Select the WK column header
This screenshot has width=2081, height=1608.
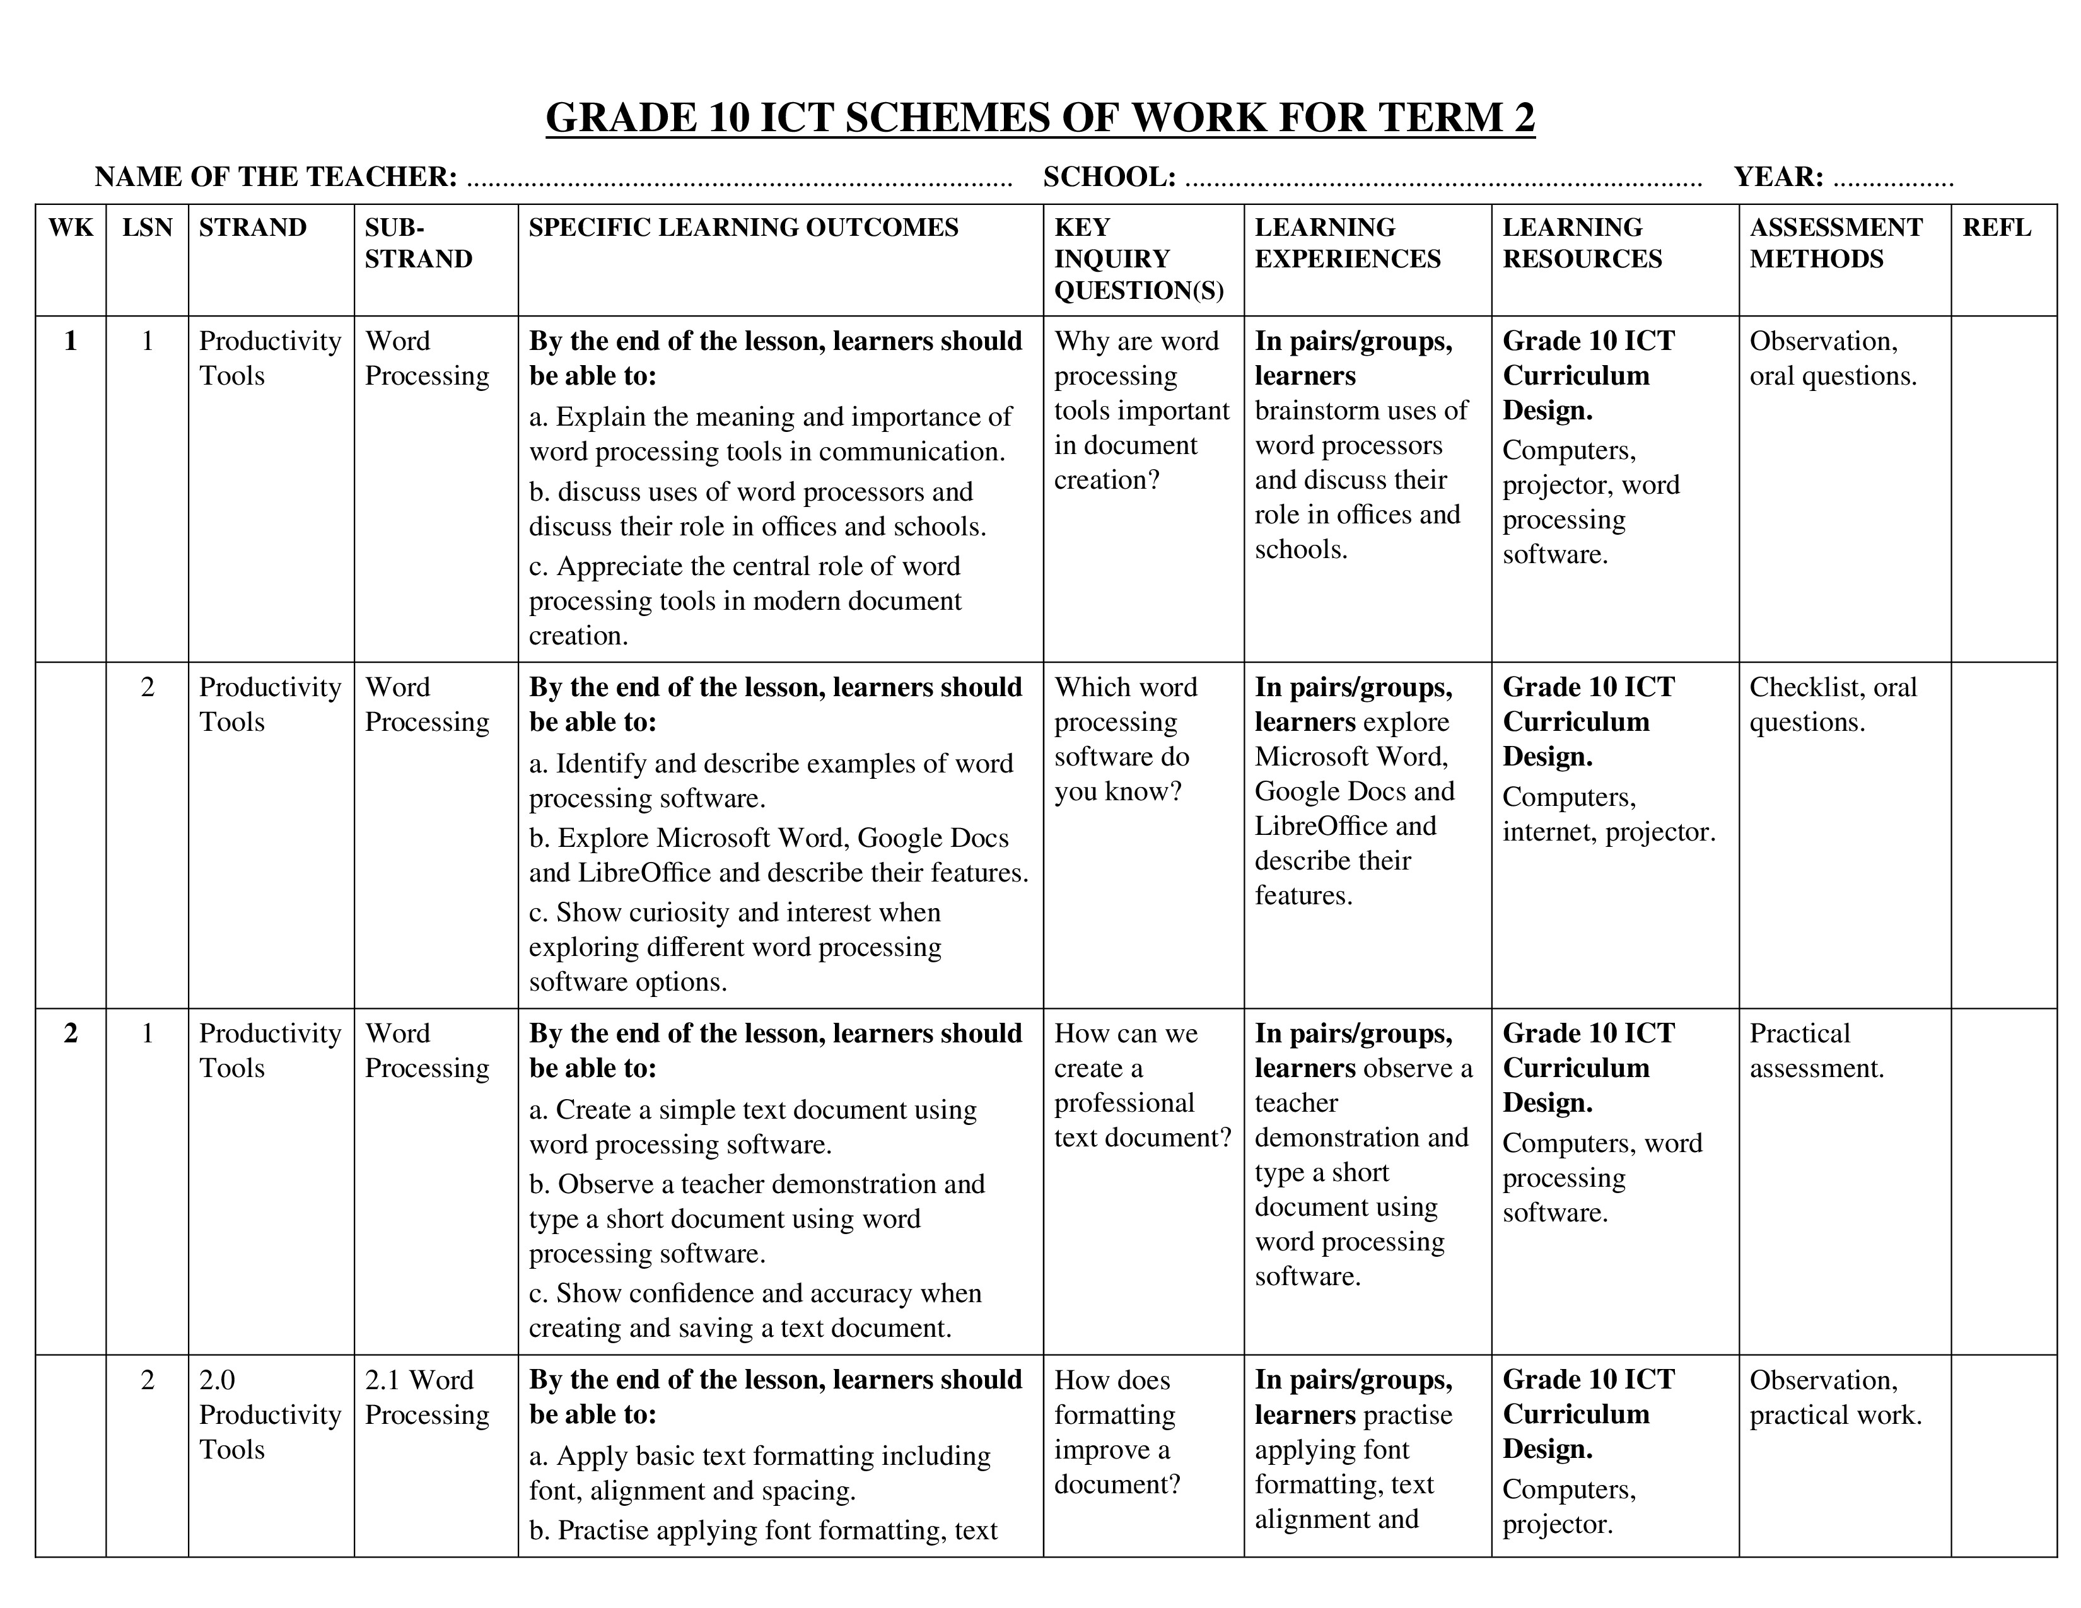[x=71, y=228]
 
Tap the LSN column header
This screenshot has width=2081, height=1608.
[x=147, y=228]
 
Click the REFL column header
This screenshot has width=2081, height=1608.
[x=1996, y=228]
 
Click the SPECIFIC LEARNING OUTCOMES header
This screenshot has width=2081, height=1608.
[x=743, y=228]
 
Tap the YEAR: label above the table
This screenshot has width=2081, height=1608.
[x=1778, y=177]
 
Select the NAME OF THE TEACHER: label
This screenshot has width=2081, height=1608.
[x=276, y=177]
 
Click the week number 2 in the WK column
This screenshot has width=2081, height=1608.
[x=71, y=1034]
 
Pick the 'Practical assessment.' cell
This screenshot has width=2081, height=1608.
[x=1816, y=1051]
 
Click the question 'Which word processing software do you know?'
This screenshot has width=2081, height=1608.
[x=1125, y=739]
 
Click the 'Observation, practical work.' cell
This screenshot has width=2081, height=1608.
[x=1834, y=1397]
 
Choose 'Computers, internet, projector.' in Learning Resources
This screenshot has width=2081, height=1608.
[x=1609, y=815]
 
